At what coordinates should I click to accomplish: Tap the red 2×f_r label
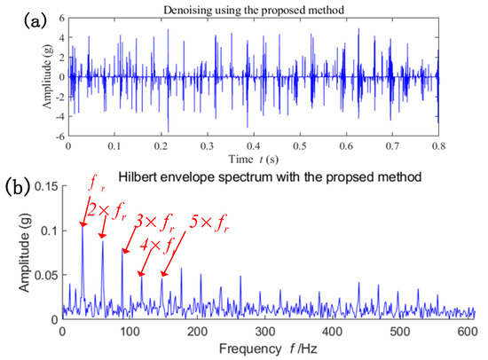(106, 210)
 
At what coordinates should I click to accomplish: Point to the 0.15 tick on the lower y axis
(43, 185)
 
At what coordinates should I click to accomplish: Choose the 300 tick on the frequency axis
(263, 330)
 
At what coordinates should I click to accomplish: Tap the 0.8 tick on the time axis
(438, 144)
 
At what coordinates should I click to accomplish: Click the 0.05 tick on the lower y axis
(43, 275)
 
